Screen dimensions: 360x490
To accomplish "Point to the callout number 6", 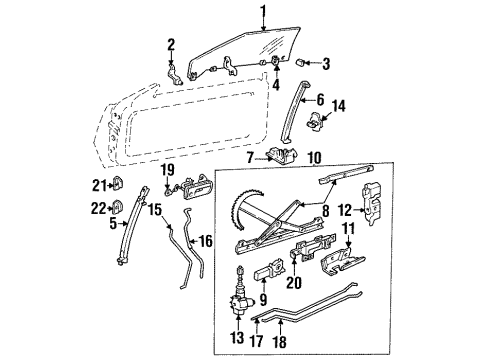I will pos(319,101).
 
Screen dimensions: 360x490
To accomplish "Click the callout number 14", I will pos(337,105).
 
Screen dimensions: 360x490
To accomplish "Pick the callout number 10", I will pos(313,158).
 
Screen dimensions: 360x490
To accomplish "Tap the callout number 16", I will pos(207,242).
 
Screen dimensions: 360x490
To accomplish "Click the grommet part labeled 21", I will pos(117,185).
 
